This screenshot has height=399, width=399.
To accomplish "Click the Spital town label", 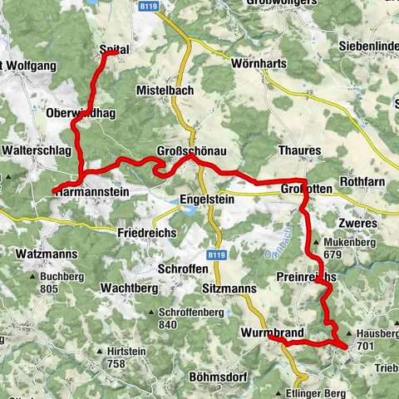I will (115, 50).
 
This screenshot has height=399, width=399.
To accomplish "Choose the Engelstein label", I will (207, 199).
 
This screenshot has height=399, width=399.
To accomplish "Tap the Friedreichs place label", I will (147, 234).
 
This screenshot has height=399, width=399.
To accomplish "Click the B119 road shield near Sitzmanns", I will (215, 254).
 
